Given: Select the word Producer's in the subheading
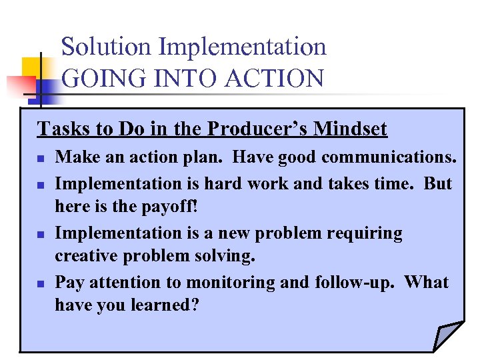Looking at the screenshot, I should point(256,129).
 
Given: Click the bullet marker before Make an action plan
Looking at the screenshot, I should point(40,159).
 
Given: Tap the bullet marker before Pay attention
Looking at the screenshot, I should point(40,283).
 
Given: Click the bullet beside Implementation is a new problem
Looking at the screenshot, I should point(40,234).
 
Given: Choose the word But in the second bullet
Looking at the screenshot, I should point(437,183).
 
